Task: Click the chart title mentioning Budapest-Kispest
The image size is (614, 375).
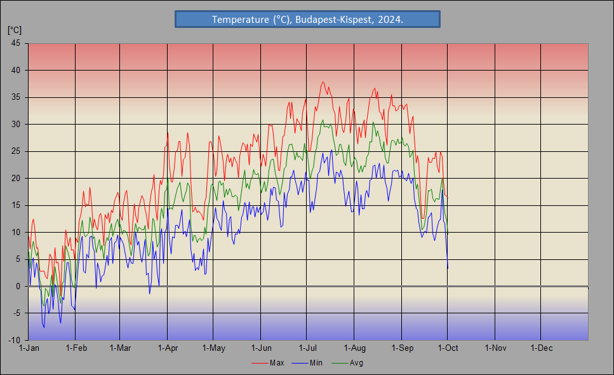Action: click(307, 20)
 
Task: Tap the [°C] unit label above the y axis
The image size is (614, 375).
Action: click(14, 30)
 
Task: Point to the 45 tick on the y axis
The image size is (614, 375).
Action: click(15, 43)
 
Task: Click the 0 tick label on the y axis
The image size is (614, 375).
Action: click(18, 286)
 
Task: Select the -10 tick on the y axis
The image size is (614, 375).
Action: click(14, 340)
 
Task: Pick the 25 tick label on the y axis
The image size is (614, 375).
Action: click(15, 151)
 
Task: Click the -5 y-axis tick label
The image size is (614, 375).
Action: click(16, 313)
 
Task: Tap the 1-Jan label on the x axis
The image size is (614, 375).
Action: click(29, 348)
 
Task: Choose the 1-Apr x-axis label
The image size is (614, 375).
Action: click(168, 348)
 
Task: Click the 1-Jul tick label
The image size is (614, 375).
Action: click(307, 348)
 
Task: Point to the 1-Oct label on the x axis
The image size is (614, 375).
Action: click(448, 348)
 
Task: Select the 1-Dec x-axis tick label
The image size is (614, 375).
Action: click(541, 348)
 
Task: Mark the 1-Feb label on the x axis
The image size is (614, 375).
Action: click(76, 348)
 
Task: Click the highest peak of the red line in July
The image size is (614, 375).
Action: click(323, 82)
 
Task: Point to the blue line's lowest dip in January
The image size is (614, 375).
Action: click(44, 327)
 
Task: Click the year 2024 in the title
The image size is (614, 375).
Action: click(389, 20)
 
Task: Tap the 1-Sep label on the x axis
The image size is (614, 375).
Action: click(401, 348)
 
